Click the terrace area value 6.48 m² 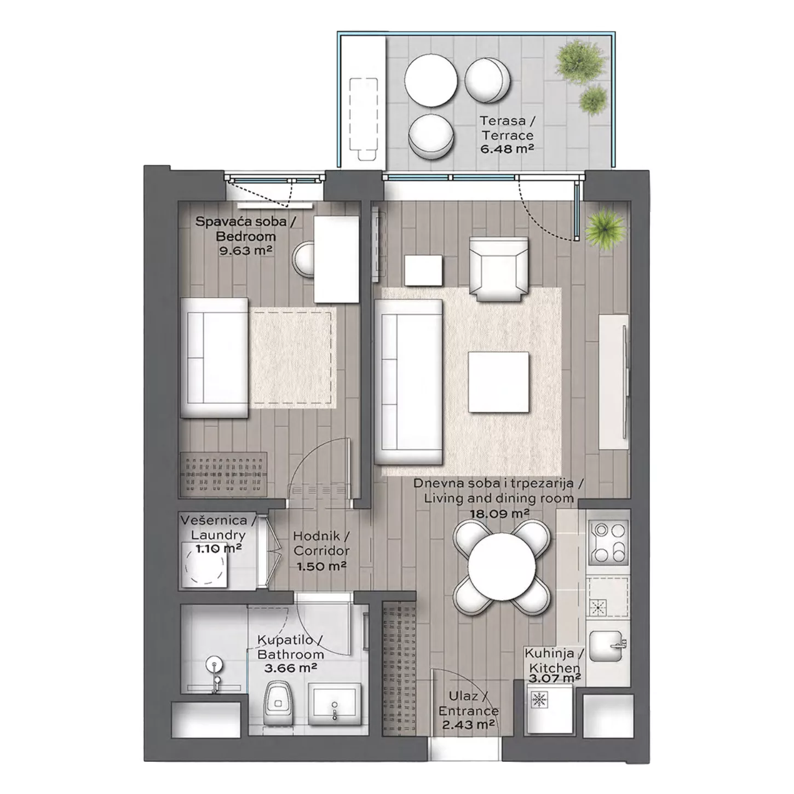point(507,149)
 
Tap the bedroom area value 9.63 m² point(245,250)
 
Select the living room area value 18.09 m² point(499,514)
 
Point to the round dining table point(502,567)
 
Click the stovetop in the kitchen point(608,543)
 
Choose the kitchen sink point(607,646)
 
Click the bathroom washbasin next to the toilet point(334,701)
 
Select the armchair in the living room point(498,269)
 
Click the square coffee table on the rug point(498,382)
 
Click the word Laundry point(218,535)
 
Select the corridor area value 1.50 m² point(321,566)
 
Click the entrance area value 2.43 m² point(469,724)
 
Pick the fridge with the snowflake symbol point(550,708)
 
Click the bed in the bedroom point(214,358)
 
